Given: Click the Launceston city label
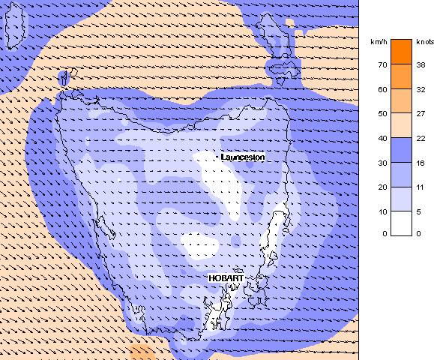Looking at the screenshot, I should click(243, 157).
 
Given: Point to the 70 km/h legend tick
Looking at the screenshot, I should click(382, 64).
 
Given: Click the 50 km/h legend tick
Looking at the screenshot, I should click(382, 113).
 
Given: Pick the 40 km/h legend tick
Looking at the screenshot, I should click(382, 137).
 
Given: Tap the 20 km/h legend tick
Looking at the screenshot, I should click(382, 186).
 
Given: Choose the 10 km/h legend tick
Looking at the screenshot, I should click(382, 210).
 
